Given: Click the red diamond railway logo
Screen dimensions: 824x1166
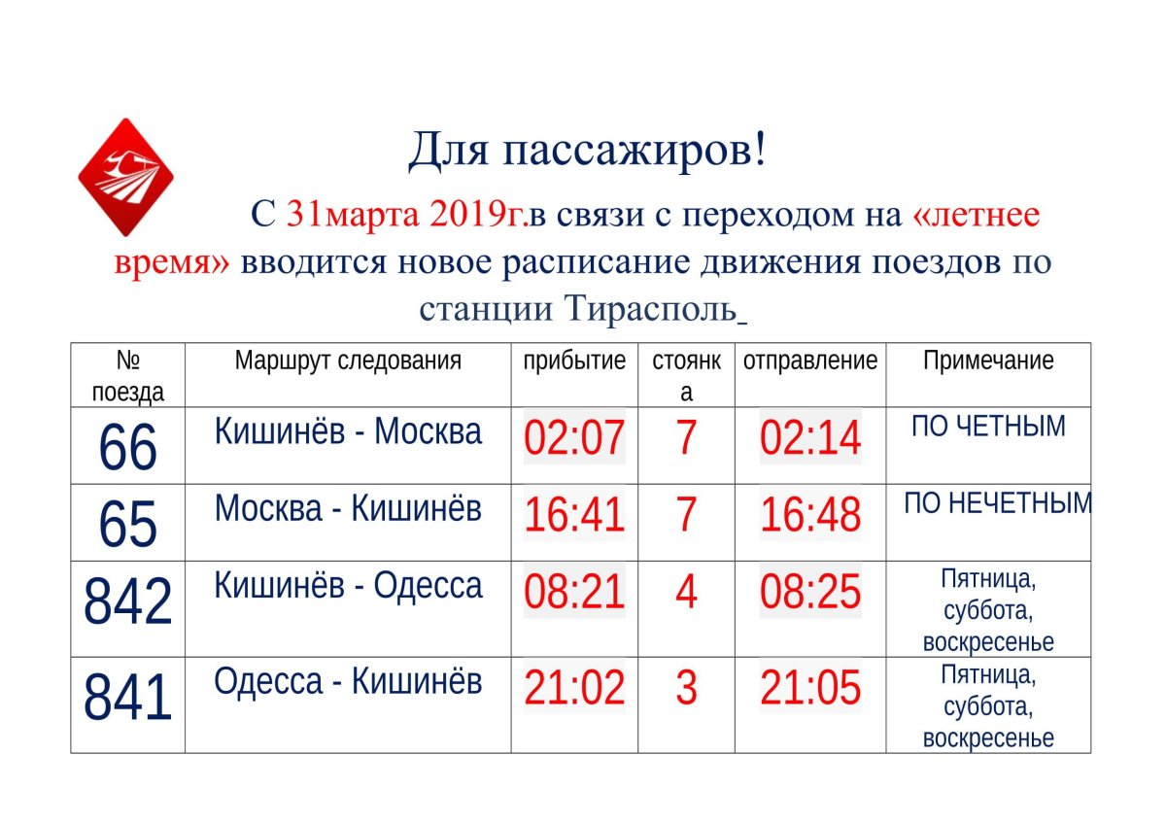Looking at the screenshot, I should click(125, 177).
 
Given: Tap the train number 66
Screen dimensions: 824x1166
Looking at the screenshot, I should click(127, 447).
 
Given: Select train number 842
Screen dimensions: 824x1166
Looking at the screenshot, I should click(127, 601).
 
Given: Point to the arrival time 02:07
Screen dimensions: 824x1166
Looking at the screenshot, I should click(574, 438).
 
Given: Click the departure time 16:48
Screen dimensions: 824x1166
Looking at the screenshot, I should click(810, 515).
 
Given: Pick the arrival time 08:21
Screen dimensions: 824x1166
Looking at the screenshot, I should click(574, 593).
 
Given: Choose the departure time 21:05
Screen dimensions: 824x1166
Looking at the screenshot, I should click(810, 688).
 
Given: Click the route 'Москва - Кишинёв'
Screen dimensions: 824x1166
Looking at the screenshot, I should click(348, 507).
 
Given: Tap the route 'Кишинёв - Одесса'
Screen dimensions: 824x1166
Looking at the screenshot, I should click(348, 585).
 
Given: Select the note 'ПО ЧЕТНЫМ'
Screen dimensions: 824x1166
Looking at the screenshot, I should click(988, 426).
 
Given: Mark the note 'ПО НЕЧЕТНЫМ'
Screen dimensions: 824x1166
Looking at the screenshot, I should click(997, 503).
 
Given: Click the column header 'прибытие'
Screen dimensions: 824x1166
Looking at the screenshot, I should click(574, 361).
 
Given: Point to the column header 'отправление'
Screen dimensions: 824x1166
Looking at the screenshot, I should click(810, 361).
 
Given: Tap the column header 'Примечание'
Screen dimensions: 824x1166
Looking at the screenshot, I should click(988, 361).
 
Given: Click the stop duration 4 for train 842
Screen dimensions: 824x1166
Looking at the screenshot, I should click(686, 593).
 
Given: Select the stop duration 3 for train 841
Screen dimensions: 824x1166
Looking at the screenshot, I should click(686, 688).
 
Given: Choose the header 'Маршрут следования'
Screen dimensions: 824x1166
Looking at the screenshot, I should click(348, 361).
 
